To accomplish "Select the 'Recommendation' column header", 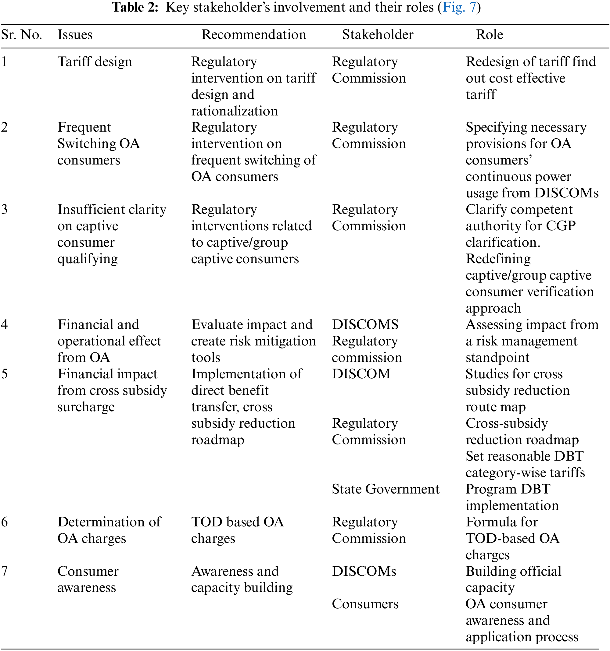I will tap(253, 34).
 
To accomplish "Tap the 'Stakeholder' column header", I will tap(378, 34).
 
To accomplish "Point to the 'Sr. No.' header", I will tap(21, 34).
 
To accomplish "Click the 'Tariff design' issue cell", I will tap(95, 62).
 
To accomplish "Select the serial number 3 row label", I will tap(4, 209).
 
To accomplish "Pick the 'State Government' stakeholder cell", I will tap(385, 489).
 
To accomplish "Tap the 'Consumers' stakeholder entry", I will tap(365, 604).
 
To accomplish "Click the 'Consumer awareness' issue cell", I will tap(88, 579).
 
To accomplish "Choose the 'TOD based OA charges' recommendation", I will tap(237, 530).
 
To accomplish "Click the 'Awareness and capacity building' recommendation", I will tap(242, 579).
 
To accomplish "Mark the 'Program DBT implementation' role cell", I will tap(512, 497).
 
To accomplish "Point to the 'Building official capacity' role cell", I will tap(513, 579).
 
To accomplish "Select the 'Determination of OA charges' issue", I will tap(109, 530).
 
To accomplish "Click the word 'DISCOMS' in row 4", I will tap(365, 324).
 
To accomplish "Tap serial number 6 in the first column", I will tap(4, 522).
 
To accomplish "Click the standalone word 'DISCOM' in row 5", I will tap(361, 374).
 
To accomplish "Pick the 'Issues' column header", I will tap(75, 34).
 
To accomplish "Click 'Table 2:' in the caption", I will tap(135, 7).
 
